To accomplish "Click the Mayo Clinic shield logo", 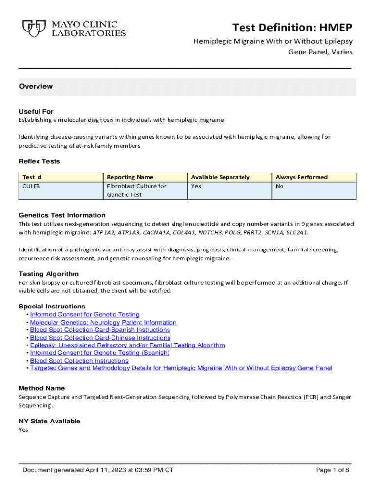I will click(x=31, y=28).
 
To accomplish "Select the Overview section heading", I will click(x=36, y=86).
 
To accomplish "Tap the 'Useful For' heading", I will click(x=36, y=111).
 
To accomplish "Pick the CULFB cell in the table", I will click(x=32, y=186).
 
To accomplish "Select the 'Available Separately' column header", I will click(x=220, y=177).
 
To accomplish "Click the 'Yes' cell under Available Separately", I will click(x=196, y=186).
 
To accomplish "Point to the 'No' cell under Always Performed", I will click(x=280, y=186).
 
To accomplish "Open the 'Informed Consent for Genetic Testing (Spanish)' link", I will click(x=99, y=353).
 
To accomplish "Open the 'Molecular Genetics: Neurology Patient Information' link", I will click(x=103, y=322).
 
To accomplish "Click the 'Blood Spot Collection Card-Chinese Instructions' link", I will click(x=100, y=338).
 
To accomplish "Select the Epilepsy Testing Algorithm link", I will click(x=127, y=345).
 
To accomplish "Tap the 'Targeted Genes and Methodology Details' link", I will click(x=181, y=368).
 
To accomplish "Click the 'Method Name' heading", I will click(x=41, y=388).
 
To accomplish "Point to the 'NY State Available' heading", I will click(x=49, y=421).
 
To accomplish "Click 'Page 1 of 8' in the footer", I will click(x=333, y=470).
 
